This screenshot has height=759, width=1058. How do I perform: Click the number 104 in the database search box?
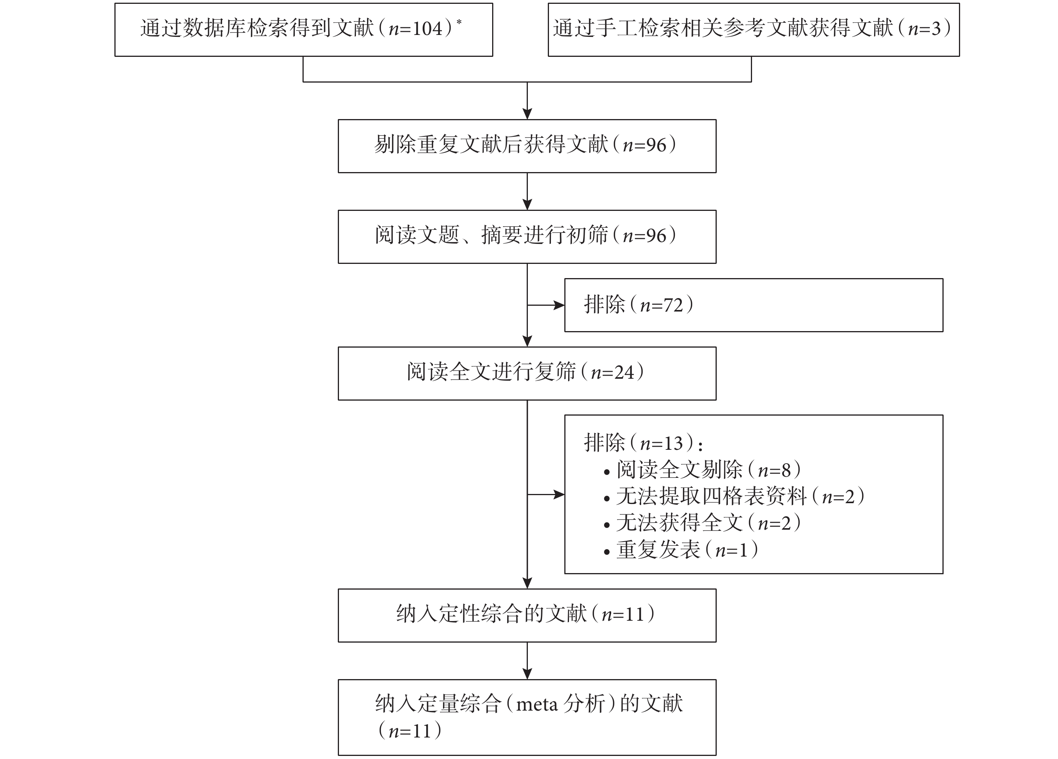tap(427, 29)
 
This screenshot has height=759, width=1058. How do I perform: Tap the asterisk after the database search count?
tap(459, 22)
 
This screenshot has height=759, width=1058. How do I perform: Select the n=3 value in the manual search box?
tap(924, 29)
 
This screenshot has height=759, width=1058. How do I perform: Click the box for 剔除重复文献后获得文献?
tap(527, 146)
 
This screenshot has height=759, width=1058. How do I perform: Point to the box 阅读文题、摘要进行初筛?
tap(527, 237)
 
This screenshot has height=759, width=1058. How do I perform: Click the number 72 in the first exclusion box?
tap(673, 305)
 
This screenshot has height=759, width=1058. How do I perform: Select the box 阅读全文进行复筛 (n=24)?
tap(527, 373)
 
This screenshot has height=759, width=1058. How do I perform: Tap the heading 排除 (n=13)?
tap(643, 443)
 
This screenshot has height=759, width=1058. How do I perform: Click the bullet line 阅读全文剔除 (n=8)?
tap(703, 470)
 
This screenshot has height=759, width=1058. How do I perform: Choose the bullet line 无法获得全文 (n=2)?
tap(703, 523)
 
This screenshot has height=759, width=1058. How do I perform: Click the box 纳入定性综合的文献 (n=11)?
tap(527, 615)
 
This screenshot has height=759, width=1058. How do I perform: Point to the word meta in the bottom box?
tap(536, 704)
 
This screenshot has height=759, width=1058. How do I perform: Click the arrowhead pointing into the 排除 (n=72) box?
tap(559, 305)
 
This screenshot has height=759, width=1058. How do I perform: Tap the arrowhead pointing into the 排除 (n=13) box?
tap(559, 494)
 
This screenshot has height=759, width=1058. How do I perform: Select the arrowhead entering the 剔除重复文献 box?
tap(527, 114)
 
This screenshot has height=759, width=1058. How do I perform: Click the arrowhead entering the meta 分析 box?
tap(527, 674)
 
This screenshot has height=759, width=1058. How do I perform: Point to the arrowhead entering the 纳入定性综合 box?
tap(527, 583)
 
